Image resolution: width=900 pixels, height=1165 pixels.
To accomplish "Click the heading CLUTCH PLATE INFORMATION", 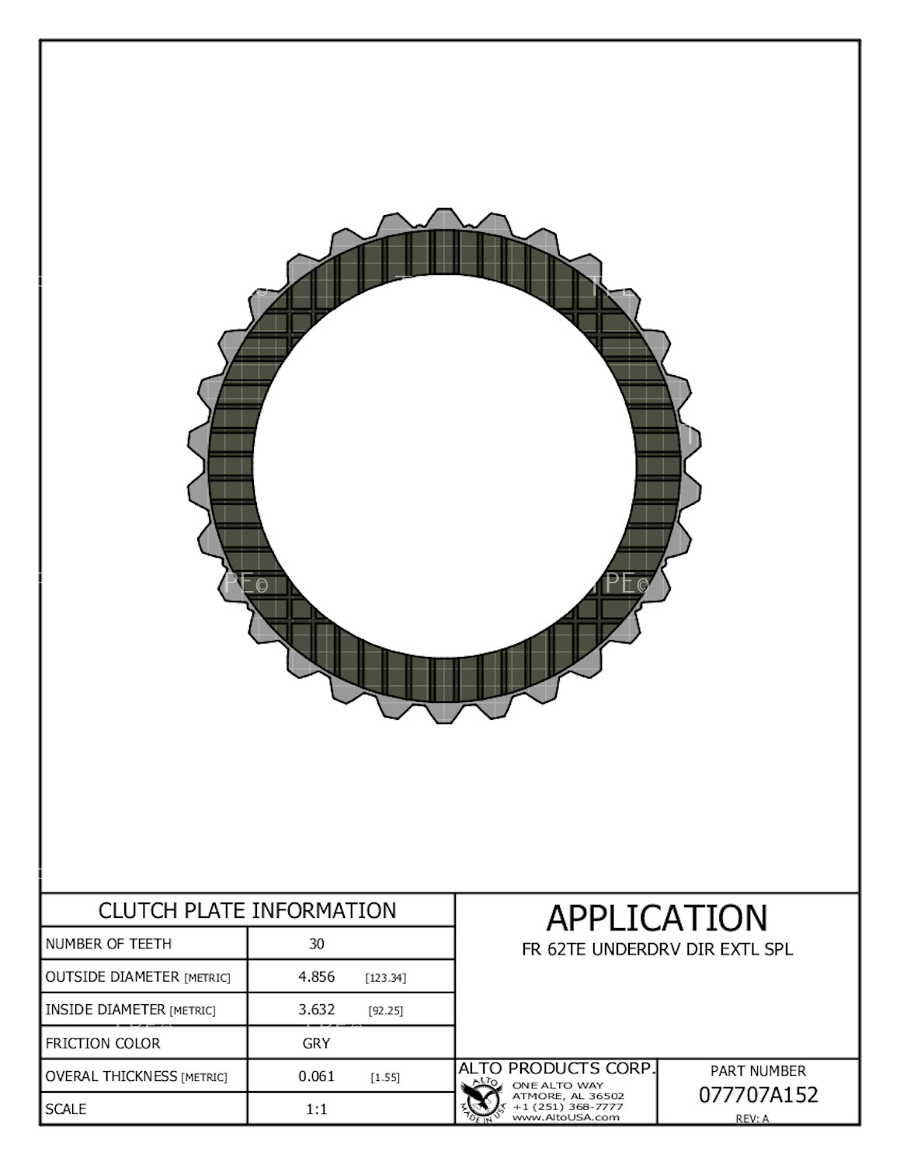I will pyautogui.click(x=247, y=910).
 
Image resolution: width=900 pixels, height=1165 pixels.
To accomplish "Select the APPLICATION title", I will pyautogui.click(x=656, y=918).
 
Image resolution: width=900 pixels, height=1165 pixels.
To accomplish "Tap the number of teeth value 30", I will pyautogui.click(x=316, y=944).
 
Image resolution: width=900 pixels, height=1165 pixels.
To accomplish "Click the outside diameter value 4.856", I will pyautogui.click(x=316, y=977).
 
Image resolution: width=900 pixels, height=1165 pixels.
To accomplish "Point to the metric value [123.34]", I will pyautogui.click(x=385, y=978).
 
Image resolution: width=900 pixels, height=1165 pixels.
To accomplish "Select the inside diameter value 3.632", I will pyautogui.click(x=316, y=1010).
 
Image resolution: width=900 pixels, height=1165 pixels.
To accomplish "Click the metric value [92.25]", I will pyautogui.click(x=385, y=1010).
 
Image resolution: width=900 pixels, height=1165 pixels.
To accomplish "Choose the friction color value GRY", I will pyautogui.click(x=316, y=1043).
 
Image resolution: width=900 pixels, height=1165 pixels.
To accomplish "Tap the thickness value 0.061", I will pyautogui.click(x=316, y=1076).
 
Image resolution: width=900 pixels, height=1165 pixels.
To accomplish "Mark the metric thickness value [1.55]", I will pyautogui.click(x=385, y=1077).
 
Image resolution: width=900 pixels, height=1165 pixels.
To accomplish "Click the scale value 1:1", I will pyautogui.click(x=316, y=1109).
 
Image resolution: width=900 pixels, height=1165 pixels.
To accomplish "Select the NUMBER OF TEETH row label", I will pyautogui.click(x=108, y=944).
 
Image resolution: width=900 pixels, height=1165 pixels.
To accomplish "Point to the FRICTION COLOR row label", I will pyautogui.click(x=103, y=1043).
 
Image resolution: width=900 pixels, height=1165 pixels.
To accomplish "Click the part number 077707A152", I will pyautogui.click(x=758, y=1094).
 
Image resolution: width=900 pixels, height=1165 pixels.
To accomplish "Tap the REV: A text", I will pyautogui.click(x=752, y=1118).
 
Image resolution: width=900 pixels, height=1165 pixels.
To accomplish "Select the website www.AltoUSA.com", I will pyautogui.click(x=565, y=1117).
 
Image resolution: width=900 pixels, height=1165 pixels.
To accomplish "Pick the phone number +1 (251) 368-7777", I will pyautogui.click(x=568, y=1106).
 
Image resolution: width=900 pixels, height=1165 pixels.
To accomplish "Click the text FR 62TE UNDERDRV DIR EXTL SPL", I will pyautogui.click(x=657, y=949).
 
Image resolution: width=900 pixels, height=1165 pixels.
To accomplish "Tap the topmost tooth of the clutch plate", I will pyautogui.click(x=443, y=218).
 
